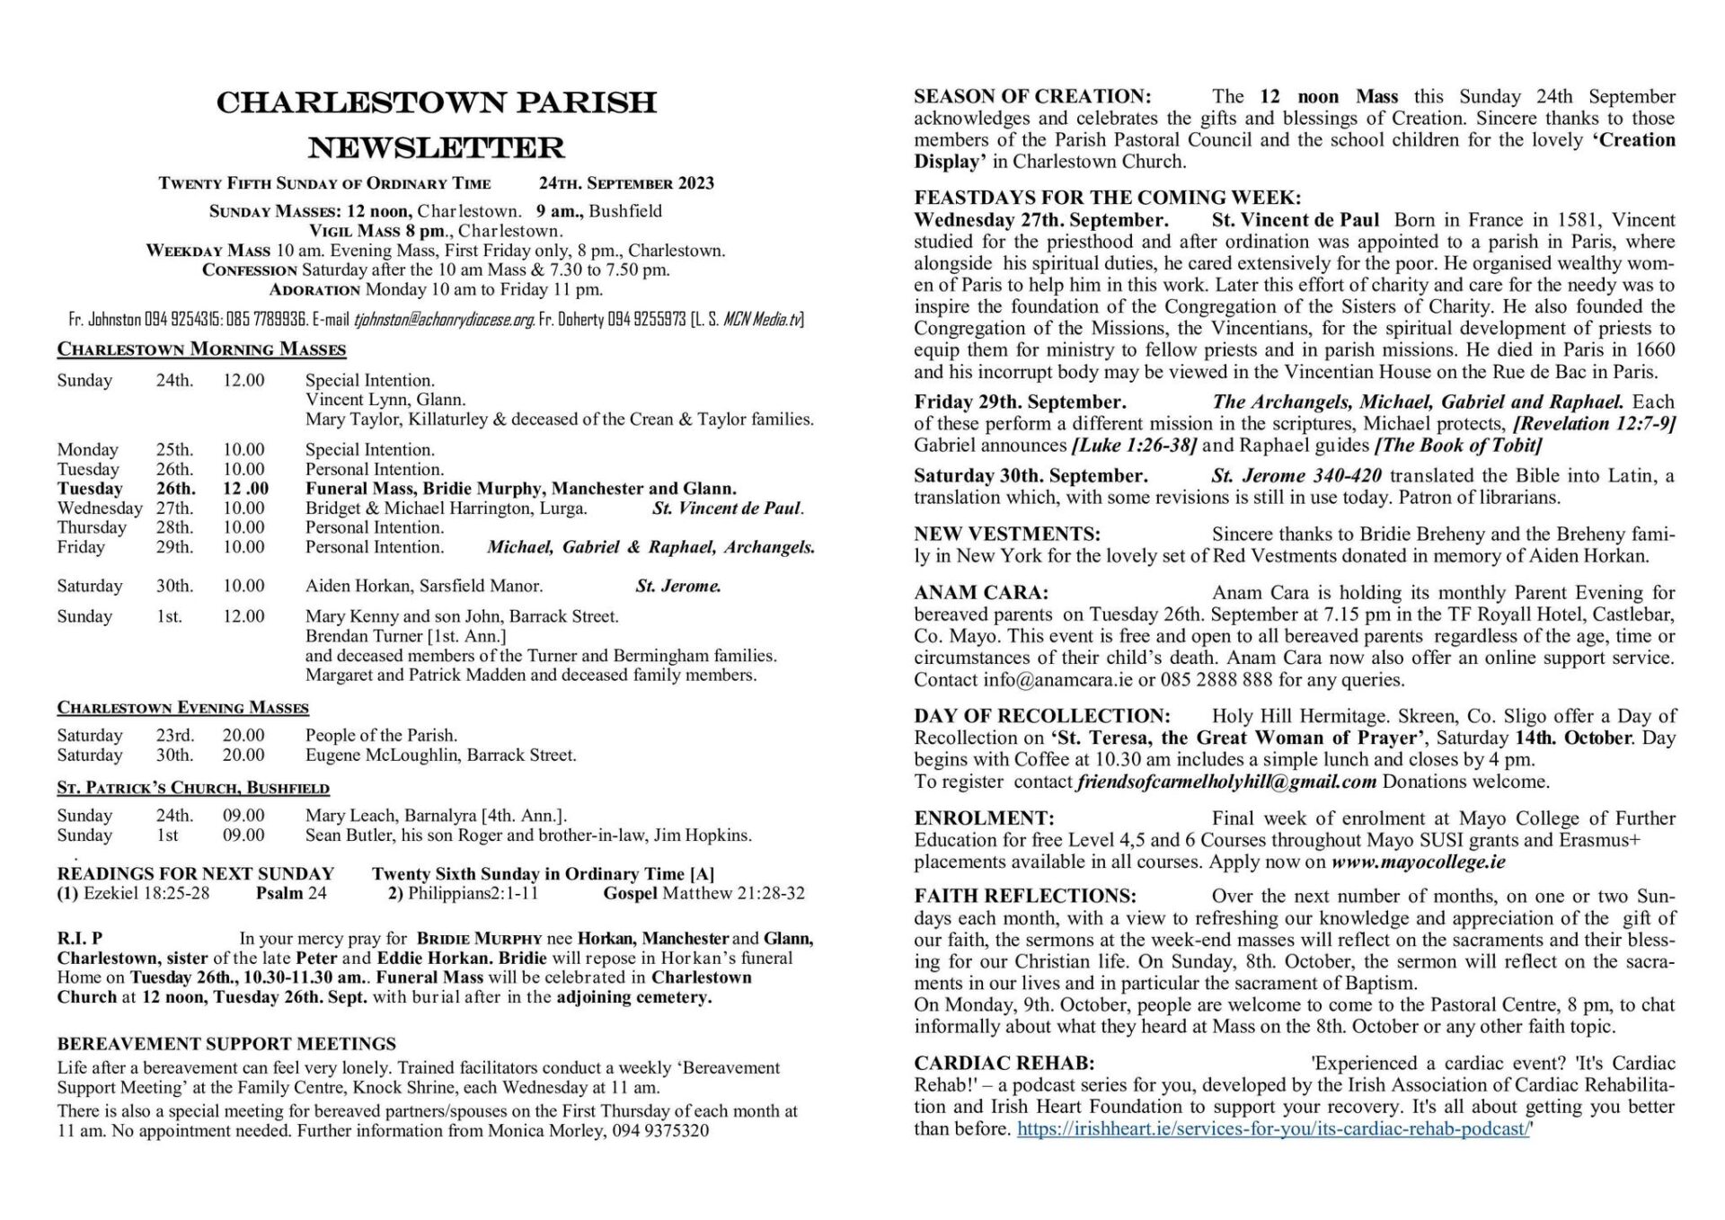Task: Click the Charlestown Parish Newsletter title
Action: [437, 124]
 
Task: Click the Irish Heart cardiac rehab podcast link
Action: [1273, 1128]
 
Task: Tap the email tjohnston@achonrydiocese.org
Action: [445, 319]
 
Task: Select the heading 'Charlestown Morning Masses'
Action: [201, 349]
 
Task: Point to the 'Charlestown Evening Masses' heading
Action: [183, 708]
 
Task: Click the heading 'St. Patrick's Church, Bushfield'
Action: [193, 788]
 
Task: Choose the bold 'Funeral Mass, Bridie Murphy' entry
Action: [520, 489]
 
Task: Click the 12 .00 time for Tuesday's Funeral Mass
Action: [245, 489]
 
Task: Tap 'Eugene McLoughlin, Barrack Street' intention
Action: [440, 755]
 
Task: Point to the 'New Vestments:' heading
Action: [1007, 535]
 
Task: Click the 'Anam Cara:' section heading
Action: [981, 593]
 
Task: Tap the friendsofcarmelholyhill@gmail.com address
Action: [1226, 782]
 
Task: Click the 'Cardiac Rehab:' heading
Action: [1004, 1064]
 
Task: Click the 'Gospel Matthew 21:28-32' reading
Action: [703, 893]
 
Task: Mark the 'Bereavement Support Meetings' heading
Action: [226, 1044]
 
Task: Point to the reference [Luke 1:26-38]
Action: [1134, 446]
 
